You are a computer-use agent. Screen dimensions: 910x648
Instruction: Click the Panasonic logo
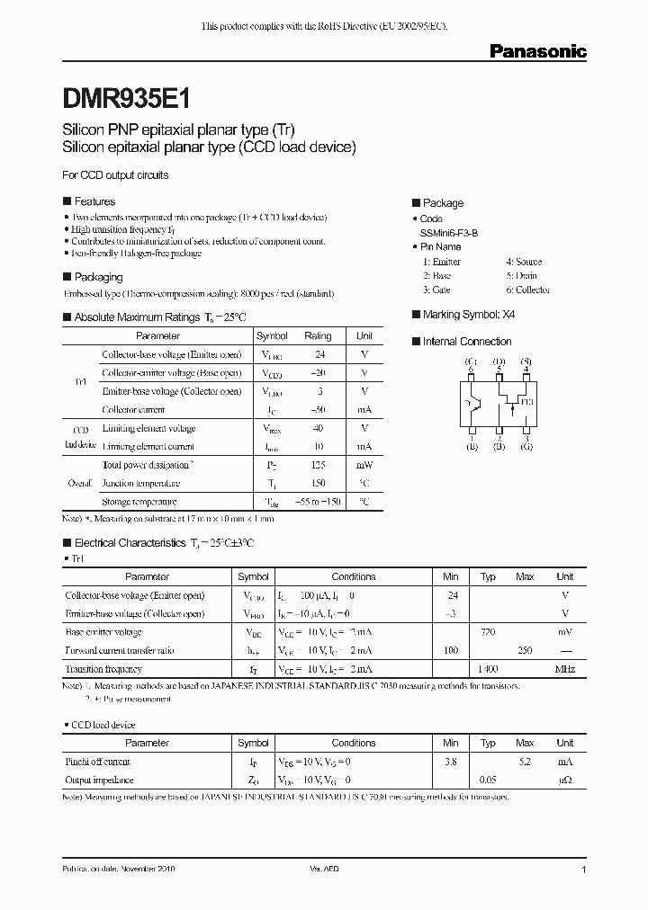click(x=537, y=52)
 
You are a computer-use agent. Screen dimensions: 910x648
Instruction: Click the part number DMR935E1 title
click(x=126, y=96)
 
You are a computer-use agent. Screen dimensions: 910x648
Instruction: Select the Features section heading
click(x=94, y=201)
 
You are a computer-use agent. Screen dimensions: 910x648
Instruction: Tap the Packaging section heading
click(x=97, y=277)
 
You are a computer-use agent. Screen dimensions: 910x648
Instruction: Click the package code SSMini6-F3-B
click(x=449, y=233)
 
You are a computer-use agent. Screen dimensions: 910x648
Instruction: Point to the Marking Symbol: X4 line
click(x=469, y=315)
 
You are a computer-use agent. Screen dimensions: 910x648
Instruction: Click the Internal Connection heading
click(x=466, y=342)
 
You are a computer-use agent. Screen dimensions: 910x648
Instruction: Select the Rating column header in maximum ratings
click(x=318, y=335)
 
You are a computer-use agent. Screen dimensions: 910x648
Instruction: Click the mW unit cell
click(x=364, y=465)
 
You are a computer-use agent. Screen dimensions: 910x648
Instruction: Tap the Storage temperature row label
click(x=139, y=502)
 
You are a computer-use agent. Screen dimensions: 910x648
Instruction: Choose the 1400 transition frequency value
click(x=489, y=669)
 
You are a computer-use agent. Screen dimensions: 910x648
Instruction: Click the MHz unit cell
click(x=564, y=669)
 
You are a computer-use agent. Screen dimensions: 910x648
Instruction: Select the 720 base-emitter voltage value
click(x=489, y=632)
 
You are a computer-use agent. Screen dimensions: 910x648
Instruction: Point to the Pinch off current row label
click(x=98, y=762)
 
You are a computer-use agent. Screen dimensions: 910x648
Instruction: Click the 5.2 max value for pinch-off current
click(x=526, y=762)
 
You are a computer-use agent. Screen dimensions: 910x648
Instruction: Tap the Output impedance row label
click(x=100, y=781)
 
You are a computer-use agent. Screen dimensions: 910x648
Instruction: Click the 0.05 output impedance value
click(x=489, y=781)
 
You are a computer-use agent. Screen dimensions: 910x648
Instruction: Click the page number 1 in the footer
click(x=584, y=870)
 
